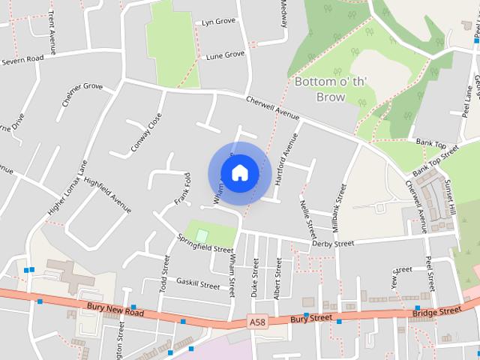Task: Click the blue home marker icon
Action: click(239, 172)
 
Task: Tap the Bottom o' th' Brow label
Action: click(320, 89)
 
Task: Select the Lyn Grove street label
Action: click(218, 22)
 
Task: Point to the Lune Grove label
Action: click(225, 55)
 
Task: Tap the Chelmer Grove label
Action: click(82, 97)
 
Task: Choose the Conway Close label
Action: click(146, 132)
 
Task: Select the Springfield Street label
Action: click(205, 243)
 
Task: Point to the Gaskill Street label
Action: click(198, 285)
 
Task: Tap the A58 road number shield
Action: click(257, 322)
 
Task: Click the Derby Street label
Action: click(333, 243)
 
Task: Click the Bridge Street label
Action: click(436, 310)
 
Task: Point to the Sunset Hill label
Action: click(451, 196)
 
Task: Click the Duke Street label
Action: click(255, 277)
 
